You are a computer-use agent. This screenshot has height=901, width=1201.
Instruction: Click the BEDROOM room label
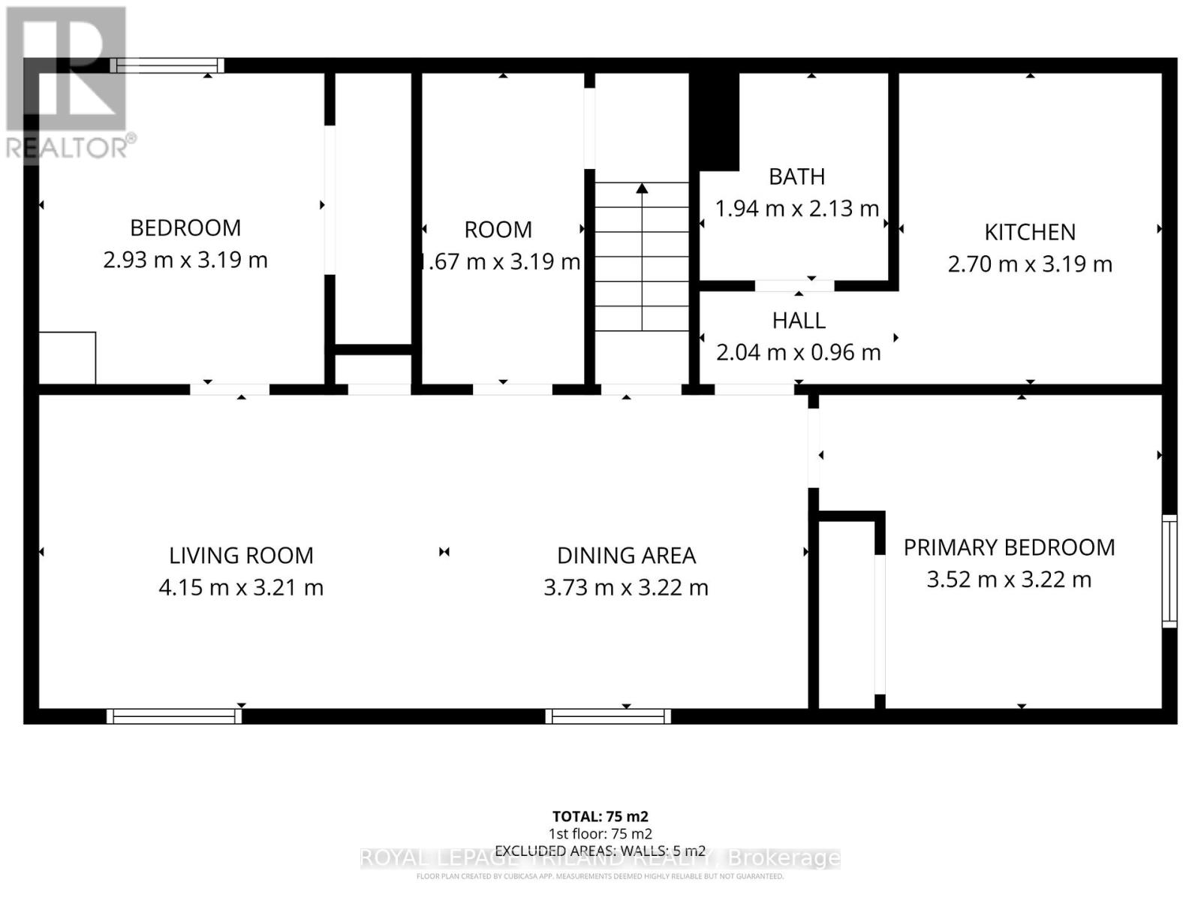185,228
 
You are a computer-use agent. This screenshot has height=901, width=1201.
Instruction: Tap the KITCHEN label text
1030,232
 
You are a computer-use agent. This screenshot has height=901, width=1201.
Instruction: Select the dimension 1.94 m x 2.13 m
796,208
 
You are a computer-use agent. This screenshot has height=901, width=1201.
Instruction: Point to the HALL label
799,321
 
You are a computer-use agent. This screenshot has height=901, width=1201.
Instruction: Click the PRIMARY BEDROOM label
1009,547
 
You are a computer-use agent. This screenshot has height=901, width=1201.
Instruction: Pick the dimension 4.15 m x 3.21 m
241,587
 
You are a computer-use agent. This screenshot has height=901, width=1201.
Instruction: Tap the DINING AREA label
626,556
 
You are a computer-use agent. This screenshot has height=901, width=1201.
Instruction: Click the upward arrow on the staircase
642,189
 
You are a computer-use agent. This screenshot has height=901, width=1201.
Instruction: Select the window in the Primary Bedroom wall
1169,571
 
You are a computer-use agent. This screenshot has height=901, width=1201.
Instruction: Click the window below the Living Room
174,716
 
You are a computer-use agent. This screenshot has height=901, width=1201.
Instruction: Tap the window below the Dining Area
608,716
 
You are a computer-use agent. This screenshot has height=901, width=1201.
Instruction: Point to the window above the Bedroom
167,65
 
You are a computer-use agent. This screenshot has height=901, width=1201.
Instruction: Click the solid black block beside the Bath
715,120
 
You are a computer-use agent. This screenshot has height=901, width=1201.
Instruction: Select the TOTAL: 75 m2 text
600,816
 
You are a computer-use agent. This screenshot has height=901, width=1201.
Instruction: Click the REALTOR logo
68,83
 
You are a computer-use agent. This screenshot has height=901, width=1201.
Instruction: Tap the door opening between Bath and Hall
794,285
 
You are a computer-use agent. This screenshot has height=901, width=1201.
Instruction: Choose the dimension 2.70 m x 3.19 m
1030,264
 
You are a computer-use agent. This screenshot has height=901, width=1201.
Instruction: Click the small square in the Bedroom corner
67,358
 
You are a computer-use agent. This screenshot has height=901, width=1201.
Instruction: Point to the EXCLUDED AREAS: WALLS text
600,851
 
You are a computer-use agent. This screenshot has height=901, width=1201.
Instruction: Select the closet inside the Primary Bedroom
846,612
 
